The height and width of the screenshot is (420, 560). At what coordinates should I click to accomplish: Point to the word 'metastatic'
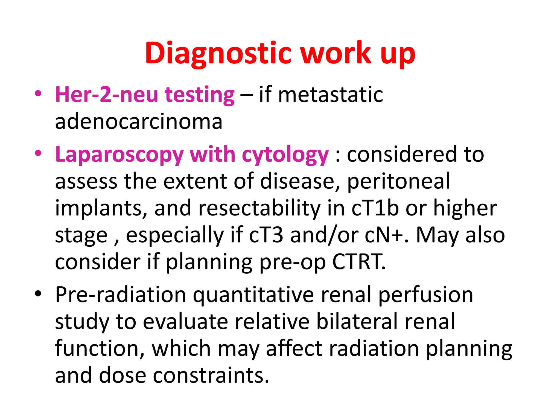330,94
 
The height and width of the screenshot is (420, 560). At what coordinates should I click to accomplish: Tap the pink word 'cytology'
285,155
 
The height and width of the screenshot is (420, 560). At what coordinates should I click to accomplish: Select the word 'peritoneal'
398,181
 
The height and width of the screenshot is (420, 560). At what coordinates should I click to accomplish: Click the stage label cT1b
375,208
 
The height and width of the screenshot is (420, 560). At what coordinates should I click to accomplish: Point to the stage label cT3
266,235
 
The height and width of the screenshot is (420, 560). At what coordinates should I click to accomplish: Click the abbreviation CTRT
359,262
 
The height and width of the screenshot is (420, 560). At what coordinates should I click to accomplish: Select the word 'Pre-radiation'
121,294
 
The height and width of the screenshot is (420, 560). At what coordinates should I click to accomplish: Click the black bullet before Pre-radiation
38,294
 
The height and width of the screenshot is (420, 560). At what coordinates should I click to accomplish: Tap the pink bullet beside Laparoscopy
38,153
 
